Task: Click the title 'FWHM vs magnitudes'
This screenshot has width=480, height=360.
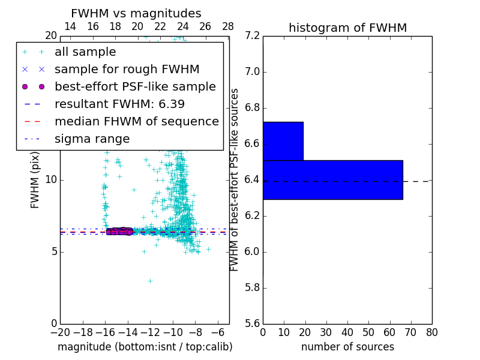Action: click(136, 14)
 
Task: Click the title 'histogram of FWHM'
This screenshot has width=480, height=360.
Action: click(347, 28)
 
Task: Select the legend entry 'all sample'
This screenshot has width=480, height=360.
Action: click(85, 52)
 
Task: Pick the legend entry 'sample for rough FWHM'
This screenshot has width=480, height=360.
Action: click(127, 70)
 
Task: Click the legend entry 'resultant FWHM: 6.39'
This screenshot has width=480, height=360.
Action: click(119, 104)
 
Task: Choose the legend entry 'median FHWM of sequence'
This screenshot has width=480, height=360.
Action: click(137, 122)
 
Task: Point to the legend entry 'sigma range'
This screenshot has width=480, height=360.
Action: click(92, 139)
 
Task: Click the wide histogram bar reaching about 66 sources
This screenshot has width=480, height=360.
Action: click(332, 179)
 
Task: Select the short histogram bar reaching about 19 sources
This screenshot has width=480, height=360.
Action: click(283, 141)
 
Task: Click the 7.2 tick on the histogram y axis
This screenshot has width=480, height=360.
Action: click(253, 36)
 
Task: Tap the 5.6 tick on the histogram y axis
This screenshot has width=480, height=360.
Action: click(253, 323)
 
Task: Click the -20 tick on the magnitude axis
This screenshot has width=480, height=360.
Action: click(60, 332)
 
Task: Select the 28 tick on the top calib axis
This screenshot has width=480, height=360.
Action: click(228, 27)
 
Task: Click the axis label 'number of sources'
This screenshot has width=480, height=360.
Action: click(347, 347)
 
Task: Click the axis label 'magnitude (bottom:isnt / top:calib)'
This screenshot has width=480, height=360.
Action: click(145, 347)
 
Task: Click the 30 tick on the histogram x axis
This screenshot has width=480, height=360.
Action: click(326, 332)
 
